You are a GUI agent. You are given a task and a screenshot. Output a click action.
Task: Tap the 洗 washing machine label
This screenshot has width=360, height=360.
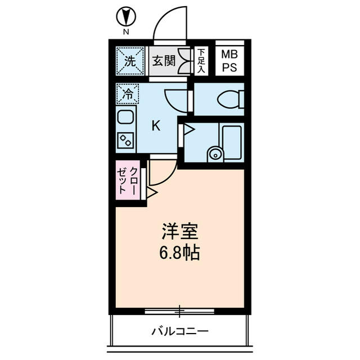point(129,61)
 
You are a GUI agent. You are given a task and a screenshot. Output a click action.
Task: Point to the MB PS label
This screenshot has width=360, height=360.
point(229,61)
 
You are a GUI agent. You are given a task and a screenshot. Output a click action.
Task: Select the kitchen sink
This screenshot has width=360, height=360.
point(126,119)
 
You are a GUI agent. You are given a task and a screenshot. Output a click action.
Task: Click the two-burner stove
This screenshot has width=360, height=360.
point(125,140)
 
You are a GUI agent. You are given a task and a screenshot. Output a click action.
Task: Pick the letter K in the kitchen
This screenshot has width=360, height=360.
point(156,125)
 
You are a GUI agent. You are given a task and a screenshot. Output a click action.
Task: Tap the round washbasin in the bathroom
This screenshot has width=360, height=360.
point(214,154)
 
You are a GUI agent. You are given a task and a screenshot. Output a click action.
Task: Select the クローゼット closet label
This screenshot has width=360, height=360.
point(127,181)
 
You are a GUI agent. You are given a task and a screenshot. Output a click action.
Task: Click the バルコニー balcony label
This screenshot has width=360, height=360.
point(180,331)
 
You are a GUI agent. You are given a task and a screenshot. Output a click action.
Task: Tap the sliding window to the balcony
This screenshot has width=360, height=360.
point(179,310)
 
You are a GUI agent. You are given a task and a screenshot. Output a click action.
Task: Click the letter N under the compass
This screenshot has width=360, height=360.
point(125,32)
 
